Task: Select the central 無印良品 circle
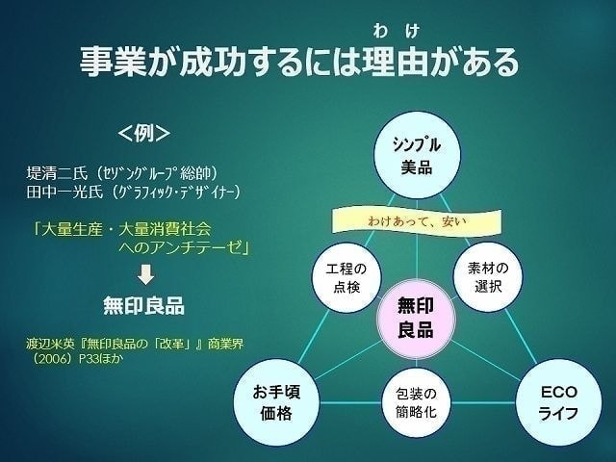coord(416,318)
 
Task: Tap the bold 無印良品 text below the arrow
coord(144,306)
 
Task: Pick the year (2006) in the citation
coord(57,356)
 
